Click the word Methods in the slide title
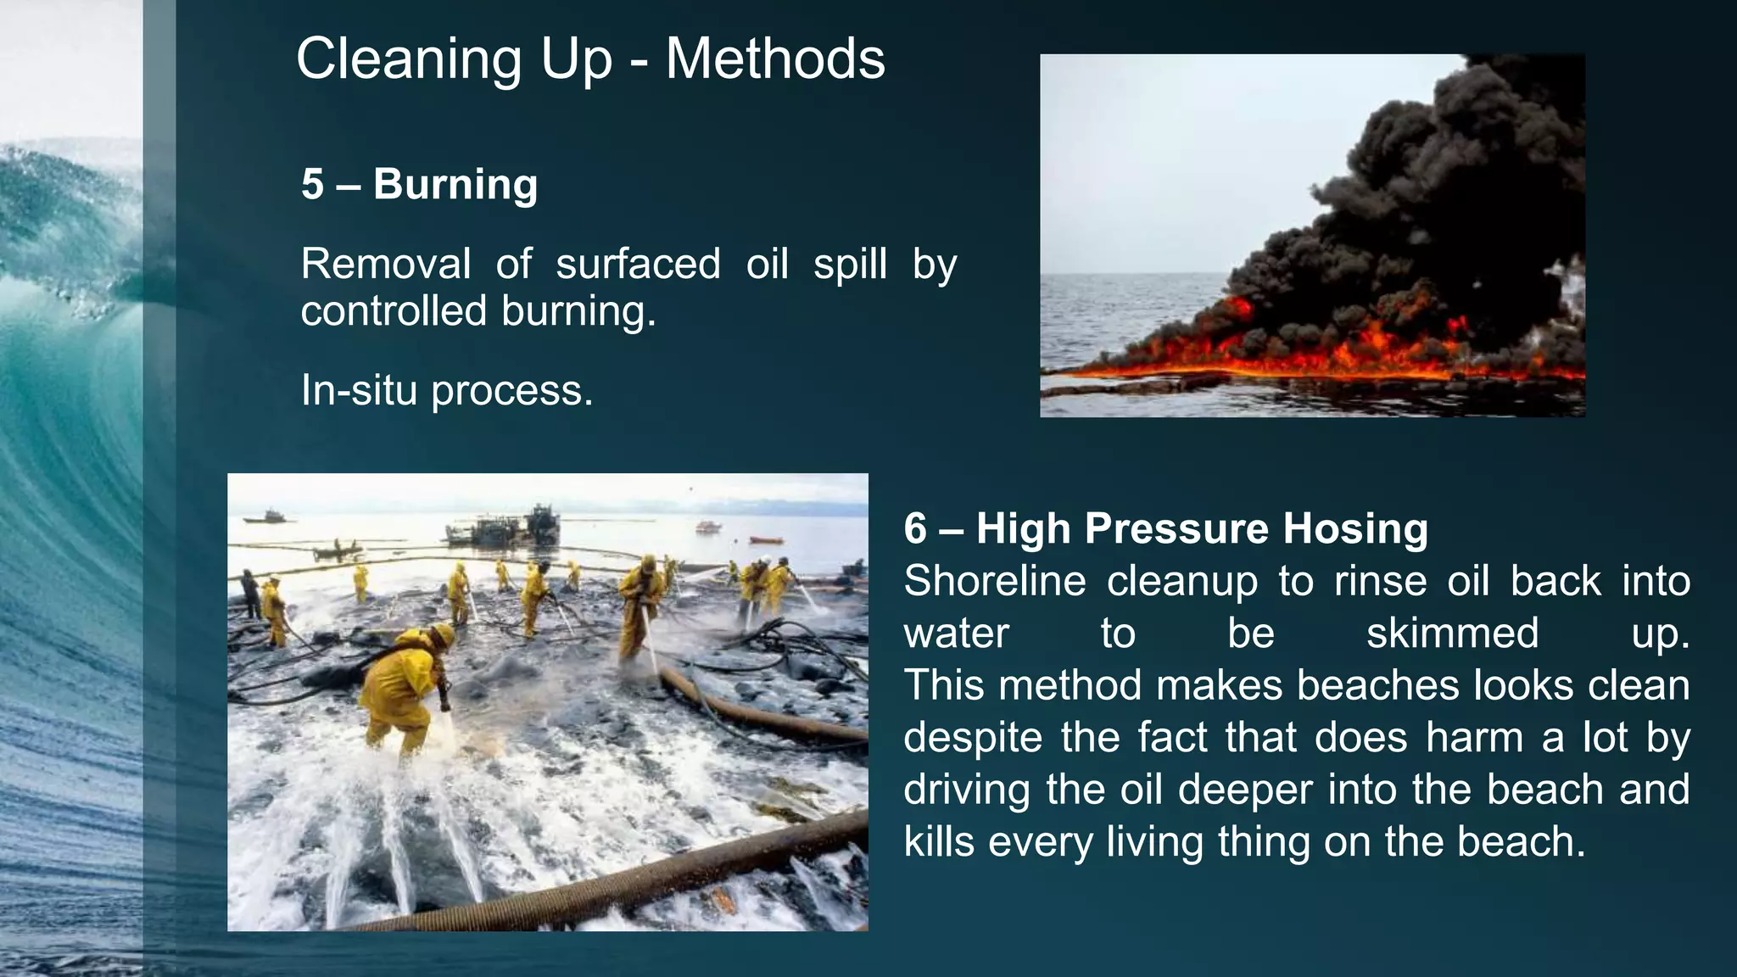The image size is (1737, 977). click(x=775, y=59)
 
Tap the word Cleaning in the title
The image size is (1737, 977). click(x=409, y=59)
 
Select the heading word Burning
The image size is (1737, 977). click(x=455, y=185)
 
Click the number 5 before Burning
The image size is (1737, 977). click(x=312, y=185)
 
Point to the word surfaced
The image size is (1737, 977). click(x=638, y=264)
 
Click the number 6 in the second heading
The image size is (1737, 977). click(x=915, y=528)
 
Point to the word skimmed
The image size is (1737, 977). click(x=1452, y=634)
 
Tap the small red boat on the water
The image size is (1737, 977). click(x=767, y=539)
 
